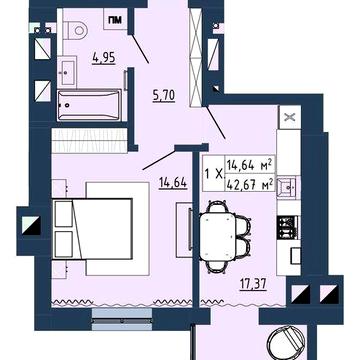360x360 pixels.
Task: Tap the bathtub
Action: click(89, 105)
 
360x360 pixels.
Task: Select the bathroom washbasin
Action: click(68, 71)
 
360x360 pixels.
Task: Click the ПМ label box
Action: click(115, 19)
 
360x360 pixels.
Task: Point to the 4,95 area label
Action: click(104, 58)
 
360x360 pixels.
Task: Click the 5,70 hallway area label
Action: click(164, 96)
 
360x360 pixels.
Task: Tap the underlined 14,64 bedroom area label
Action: click(172, 184)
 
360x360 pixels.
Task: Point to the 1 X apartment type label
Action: click(213, 173)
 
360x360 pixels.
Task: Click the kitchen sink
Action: click(289, 187)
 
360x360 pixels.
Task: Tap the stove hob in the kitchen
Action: click(289, 227)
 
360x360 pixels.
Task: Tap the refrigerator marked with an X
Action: click(290, 117)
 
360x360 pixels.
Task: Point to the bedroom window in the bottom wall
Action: click(122, 319)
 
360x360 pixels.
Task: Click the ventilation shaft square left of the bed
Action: click(31, 226)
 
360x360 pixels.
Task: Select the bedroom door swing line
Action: click(159, 160)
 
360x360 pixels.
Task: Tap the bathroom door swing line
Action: click(139, 48)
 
